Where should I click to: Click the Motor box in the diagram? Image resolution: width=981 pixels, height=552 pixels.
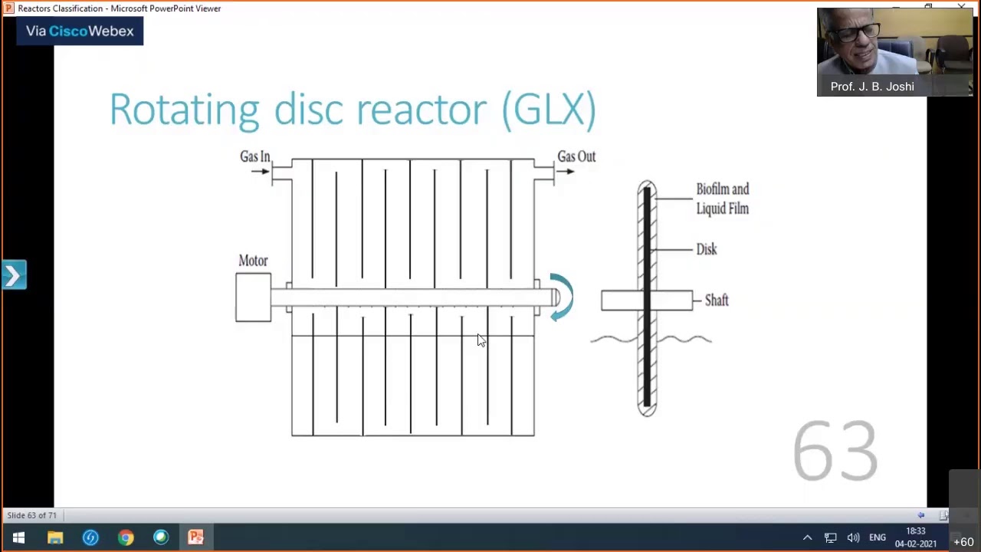pyautogui.click(x=253, y=297)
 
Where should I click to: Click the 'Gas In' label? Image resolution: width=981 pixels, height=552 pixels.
pyautogui.click(x=254, y=156)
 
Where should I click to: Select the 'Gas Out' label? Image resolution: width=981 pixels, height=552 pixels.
pyautogui.click(x=576, y=156)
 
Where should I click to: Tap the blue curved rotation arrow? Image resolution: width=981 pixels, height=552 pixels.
pyautogui.click(x=562, y=297)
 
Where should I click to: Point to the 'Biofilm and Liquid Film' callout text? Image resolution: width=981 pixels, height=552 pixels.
pyautogui.click(x=722, y=199)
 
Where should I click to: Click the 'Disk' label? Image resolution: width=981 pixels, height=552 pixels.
pyautogui.click(x=706, y=249)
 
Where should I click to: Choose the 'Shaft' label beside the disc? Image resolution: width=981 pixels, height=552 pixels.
pyautogui.click(x=717, y=301)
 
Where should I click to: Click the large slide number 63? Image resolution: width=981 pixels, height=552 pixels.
pyautogui.click(x=835, y=451)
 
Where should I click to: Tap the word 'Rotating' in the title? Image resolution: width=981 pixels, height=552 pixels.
pyautogui.click(x=184, y=110)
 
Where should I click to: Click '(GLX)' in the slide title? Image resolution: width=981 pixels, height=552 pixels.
pyautogui.click(x=549, y=110)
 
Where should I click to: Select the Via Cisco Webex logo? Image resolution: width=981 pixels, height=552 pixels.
pyautogui.click(x=80, y=31)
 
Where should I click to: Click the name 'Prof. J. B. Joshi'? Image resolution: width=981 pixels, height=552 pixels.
pyautogui.click(x=872, y=87)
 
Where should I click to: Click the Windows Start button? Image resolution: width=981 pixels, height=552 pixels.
pyautogui.click(x=18, y=537)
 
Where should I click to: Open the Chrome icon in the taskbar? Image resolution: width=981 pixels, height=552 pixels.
pyautogui.click(x=126, y=537)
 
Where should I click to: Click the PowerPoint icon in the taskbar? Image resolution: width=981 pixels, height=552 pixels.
pyautogui.click(x=196, y=537)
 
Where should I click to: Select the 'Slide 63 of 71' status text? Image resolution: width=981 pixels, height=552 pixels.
pyautogui.click(x=31, y=515)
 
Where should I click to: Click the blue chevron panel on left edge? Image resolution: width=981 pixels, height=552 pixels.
pyautogui.click(x=14, y=275)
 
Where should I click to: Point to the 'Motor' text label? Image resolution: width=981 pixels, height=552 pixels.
pyautogui.click(x=253, y=261)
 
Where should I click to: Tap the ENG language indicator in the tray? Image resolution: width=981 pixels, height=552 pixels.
pyautogui.click(x=878, y=537)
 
